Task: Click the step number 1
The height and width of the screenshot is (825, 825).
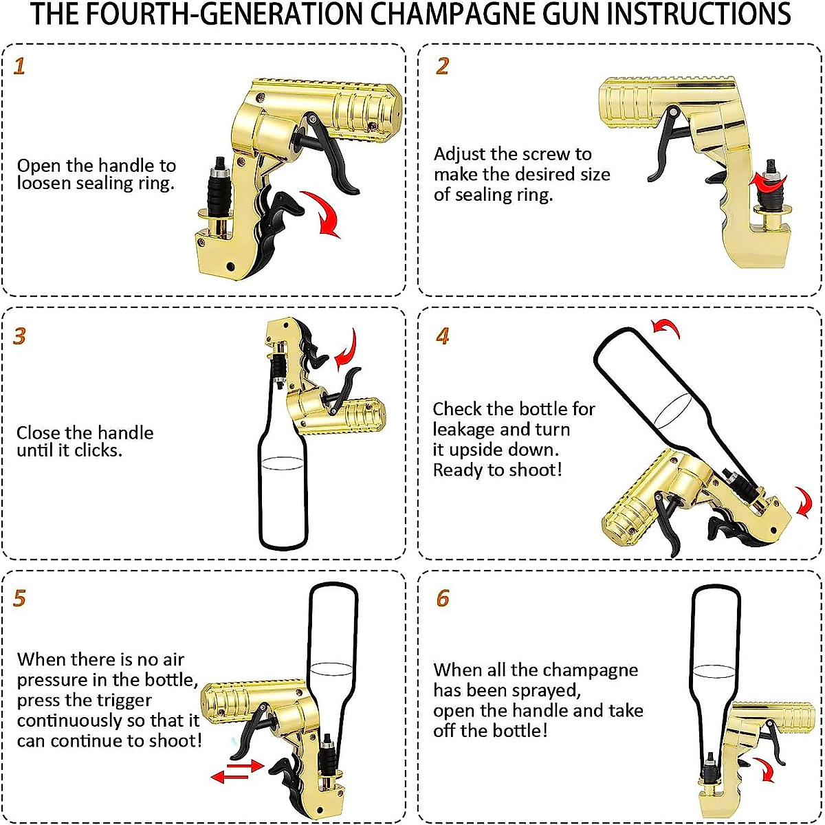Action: click(x=19, y=66)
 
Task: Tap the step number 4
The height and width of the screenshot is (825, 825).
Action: click(x=443, y=336)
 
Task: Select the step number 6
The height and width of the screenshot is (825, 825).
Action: click(x=443, y=599)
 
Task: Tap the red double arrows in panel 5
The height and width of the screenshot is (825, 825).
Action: click(x=237, y=771)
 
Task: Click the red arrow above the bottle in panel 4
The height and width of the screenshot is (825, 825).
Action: click(x=667, y=329)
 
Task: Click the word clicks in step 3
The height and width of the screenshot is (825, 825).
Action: click(x=98, y=451)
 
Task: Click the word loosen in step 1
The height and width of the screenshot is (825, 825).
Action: click(x=41, y=184)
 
